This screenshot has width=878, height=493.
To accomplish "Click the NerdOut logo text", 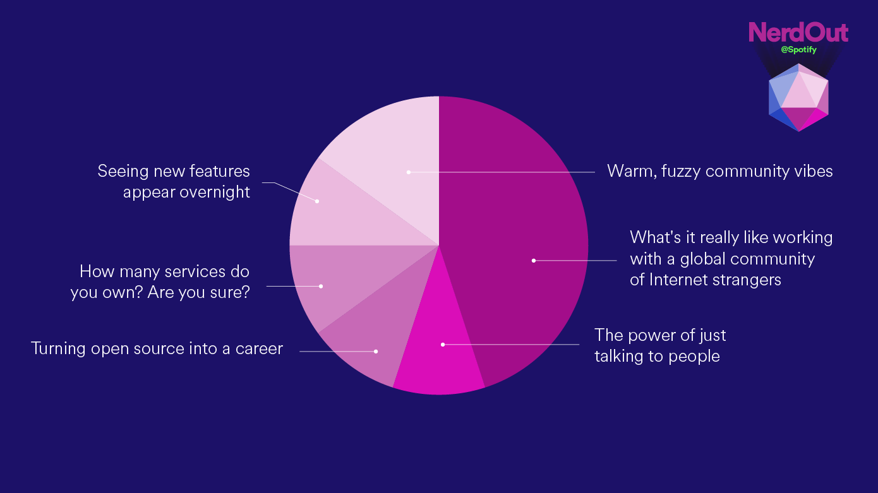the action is [798, 32].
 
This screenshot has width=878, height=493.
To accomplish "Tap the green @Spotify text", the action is [798, 50].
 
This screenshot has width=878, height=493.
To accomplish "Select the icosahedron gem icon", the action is [798, 97].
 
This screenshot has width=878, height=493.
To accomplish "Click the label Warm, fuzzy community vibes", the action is [719, 172].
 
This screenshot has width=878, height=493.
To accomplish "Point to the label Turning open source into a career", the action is [157, 348].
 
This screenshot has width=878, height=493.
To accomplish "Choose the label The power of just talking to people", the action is [660, 345].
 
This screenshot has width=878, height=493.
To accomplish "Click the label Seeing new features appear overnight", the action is [174, 181].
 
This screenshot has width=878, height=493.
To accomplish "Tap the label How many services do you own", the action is [160, 282].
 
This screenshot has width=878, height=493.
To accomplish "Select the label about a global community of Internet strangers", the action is [731, 258].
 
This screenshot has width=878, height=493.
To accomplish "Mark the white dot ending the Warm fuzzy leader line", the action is [409, 172].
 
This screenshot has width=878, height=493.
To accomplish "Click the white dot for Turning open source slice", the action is [376, 352].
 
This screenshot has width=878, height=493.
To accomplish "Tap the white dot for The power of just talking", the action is [443, 345].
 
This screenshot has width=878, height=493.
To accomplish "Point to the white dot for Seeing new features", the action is [317, 201].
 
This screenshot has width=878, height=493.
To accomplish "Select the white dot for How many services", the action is [321, 287].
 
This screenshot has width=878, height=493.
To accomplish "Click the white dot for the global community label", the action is [534, 261].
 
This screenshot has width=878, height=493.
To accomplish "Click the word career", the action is [259, 349].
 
